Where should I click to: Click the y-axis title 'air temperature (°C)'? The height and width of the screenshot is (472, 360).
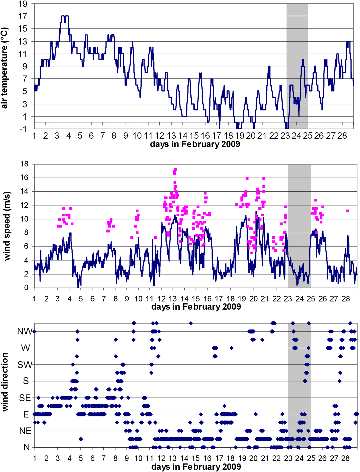tap(5, 68)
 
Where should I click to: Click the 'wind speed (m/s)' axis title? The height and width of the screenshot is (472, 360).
tap(7, 226)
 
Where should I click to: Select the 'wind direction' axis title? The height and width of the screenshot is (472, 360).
tap(5, 382)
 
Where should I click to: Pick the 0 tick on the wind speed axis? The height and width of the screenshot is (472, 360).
tap(26, 288)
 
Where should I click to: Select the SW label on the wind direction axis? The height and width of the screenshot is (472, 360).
tap(25, 365)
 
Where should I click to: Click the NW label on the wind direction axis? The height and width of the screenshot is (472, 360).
tap(25, 332)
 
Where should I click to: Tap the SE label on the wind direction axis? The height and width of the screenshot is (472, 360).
tap(25, 398)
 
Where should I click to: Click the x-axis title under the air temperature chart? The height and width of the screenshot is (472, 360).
tap(195, 144)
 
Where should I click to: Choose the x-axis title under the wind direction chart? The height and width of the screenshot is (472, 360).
tap(196, 467)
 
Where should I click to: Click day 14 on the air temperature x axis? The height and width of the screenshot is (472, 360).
tap(183, 136)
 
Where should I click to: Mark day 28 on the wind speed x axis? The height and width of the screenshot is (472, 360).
tap(346, 299)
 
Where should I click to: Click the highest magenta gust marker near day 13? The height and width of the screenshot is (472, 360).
tap(176, 170)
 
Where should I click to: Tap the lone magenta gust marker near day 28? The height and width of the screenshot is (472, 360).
tap(348, 211)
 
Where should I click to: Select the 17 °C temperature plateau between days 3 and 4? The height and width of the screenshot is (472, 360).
tap(65, 16)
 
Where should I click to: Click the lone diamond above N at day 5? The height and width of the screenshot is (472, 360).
tap(81, 439)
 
